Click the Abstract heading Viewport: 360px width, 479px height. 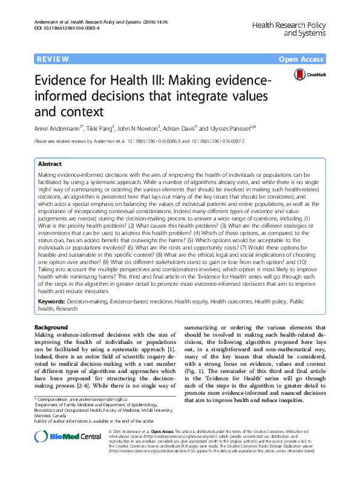50,164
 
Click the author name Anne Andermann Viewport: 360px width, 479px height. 59,128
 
